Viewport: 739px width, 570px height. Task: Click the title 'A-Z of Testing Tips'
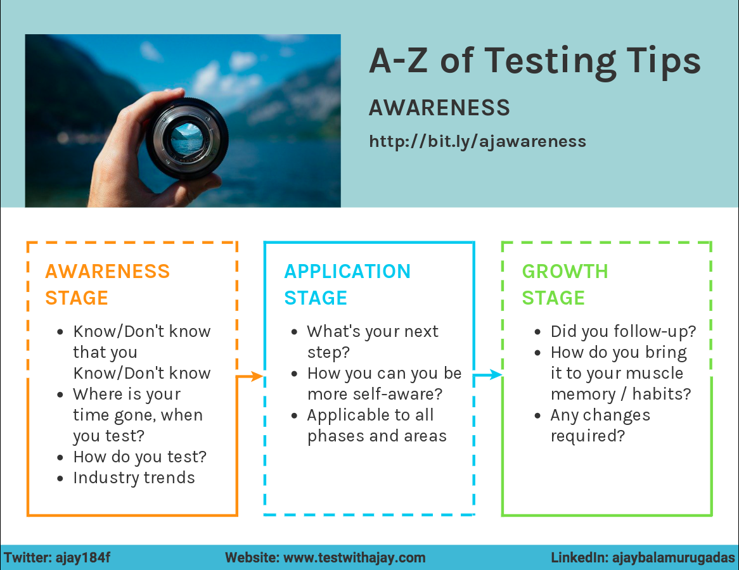pyautogui.click(x=534, y=62)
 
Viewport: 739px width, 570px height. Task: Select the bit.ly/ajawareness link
pyautogui.click(x=477, y=141)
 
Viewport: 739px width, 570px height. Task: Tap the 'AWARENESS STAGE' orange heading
pyautogui.click(x=107, y=284)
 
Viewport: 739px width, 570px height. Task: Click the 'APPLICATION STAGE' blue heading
pyautogui.click(x=347, y=284)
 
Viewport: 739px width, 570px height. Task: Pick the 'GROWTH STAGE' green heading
pyautogui.click(x=565, y=284)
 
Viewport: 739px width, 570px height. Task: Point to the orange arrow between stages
pyautogui.click(x=250, y=376)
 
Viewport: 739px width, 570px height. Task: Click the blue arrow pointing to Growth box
pyautogui.click(x=488, y=376)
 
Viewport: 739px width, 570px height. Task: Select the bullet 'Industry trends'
pyautogui.click(x=134, y=478)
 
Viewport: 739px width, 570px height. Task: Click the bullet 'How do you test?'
pyautogui.click(x=139, y=457)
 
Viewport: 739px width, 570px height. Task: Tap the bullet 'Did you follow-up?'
pyautogui.click(x=623, y=331)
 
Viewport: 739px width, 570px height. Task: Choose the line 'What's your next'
pyautogui.click(x=373, y=331)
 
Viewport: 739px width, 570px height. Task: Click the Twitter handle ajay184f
pyautogui.click(x=83, y=558)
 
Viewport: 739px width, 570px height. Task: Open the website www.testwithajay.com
pyautogui.click(x=354, y=558)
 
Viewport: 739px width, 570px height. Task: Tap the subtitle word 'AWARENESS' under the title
pyautogui.click(x=439, y=108)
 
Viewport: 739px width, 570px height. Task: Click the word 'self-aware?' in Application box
pyautogui.click(x=407, y=394)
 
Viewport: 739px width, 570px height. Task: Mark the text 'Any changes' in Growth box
pyautogui.click(x=600, y=415)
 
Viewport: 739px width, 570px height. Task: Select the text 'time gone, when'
pyautogui.click(x=138, y=415)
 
